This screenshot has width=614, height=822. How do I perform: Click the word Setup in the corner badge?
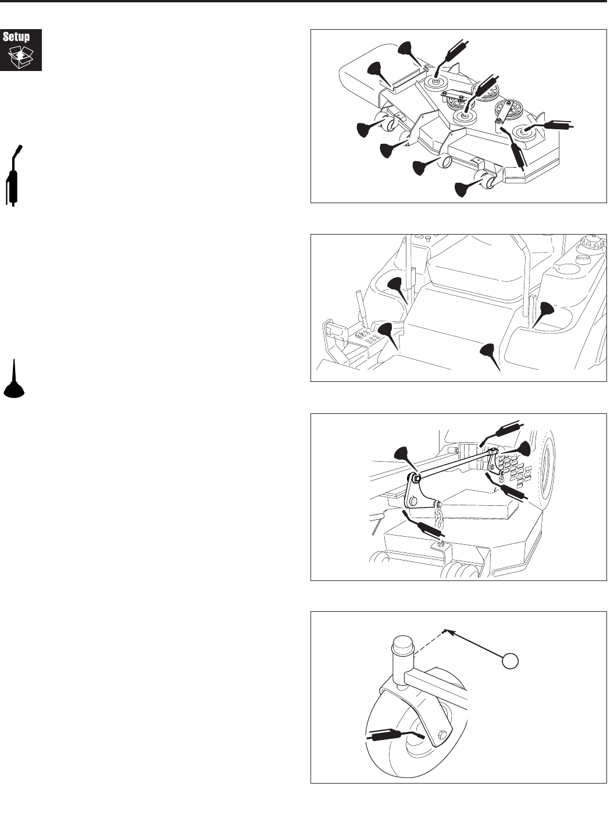(16, 37)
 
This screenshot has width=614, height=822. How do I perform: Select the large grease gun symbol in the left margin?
(13, 175)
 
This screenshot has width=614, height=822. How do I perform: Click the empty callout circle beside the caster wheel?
(510, 661)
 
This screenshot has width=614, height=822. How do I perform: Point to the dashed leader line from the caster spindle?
(430, 643)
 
